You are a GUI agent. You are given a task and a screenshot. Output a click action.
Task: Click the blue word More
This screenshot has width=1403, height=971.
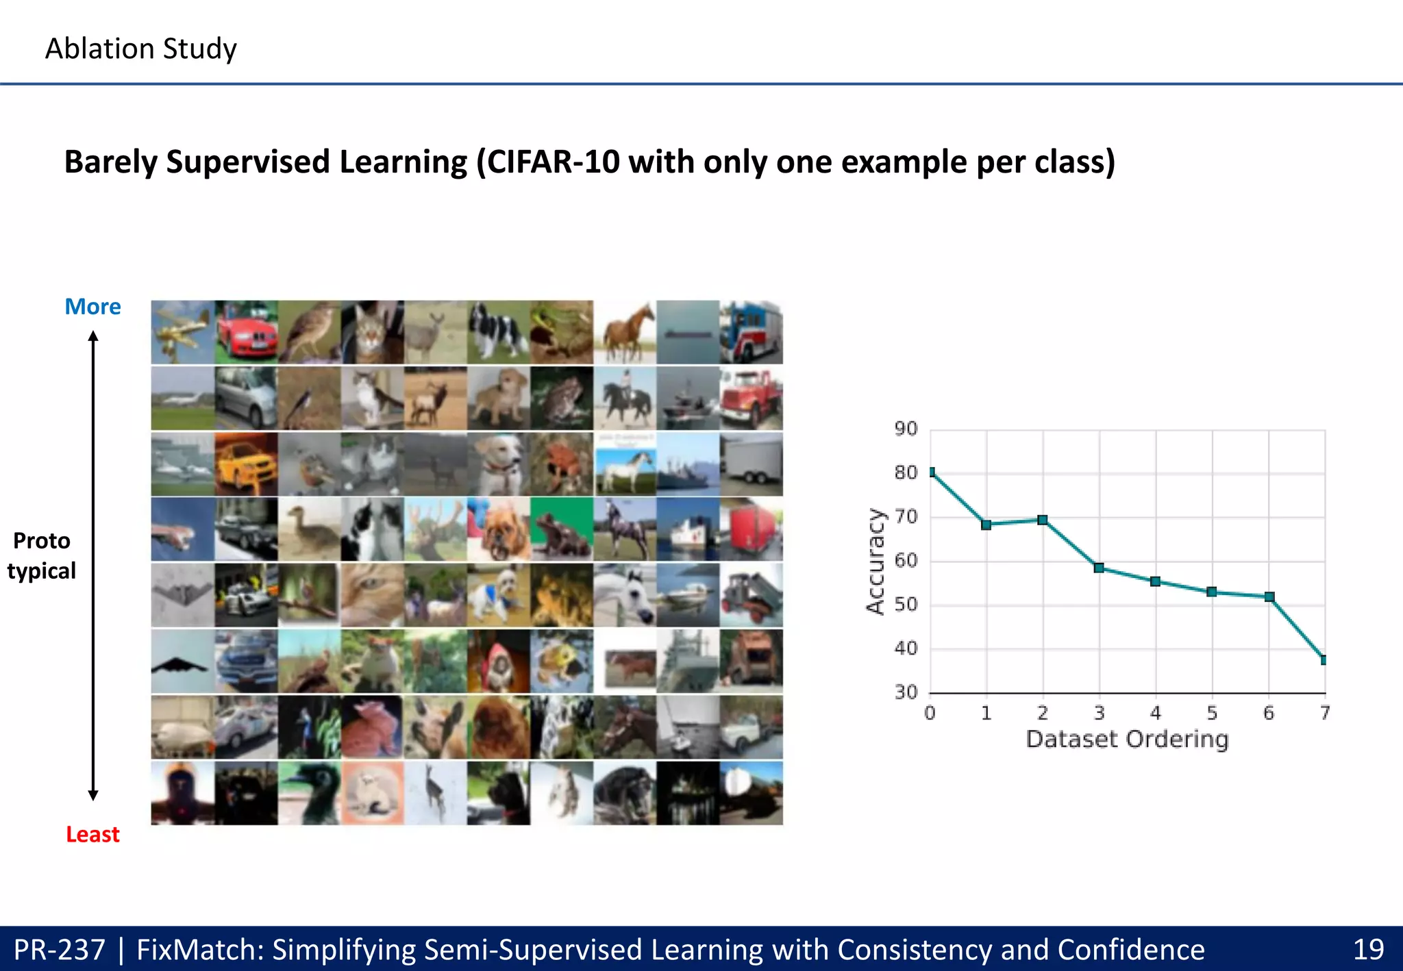(92, 306)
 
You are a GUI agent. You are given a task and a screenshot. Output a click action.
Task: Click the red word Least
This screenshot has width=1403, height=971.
(92, 834)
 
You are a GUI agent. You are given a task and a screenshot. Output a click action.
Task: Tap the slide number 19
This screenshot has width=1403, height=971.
(1368, 949)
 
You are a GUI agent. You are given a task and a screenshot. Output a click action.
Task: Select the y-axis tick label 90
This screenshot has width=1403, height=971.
(906, 429)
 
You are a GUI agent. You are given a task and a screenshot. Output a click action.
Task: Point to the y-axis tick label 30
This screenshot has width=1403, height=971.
(906, 692)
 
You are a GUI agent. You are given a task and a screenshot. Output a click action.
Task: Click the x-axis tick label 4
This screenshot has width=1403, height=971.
(1156, 714)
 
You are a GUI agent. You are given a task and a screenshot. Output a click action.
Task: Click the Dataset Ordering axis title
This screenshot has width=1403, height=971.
(1128, 740)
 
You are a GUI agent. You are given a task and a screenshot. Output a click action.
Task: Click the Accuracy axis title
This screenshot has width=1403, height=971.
(876, 562)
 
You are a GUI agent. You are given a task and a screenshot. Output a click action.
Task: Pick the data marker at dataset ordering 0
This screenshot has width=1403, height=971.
(931, 472)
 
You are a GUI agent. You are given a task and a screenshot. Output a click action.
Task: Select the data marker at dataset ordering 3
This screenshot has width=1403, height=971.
(1099, 568)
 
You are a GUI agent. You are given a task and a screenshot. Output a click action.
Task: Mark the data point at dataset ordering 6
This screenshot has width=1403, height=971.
(1269, 597)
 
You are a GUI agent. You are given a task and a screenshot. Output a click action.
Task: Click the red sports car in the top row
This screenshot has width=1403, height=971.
(246, 332)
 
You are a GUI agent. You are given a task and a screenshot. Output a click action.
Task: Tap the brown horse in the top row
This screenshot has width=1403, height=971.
(625, 332)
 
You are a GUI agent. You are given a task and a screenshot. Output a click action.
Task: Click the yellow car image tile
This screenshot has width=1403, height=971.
(246, 464)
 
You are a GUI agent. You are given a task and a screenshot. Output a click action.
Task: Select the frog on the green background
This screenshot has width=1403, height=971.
(562, 529)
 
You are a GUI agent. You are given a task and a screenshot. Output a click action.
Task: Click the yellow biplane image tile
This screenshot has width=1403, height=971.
(182, 332)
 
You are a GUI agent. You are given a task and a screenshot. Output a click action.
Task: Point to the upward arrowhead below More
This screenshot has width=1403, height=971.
(93, 336)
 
